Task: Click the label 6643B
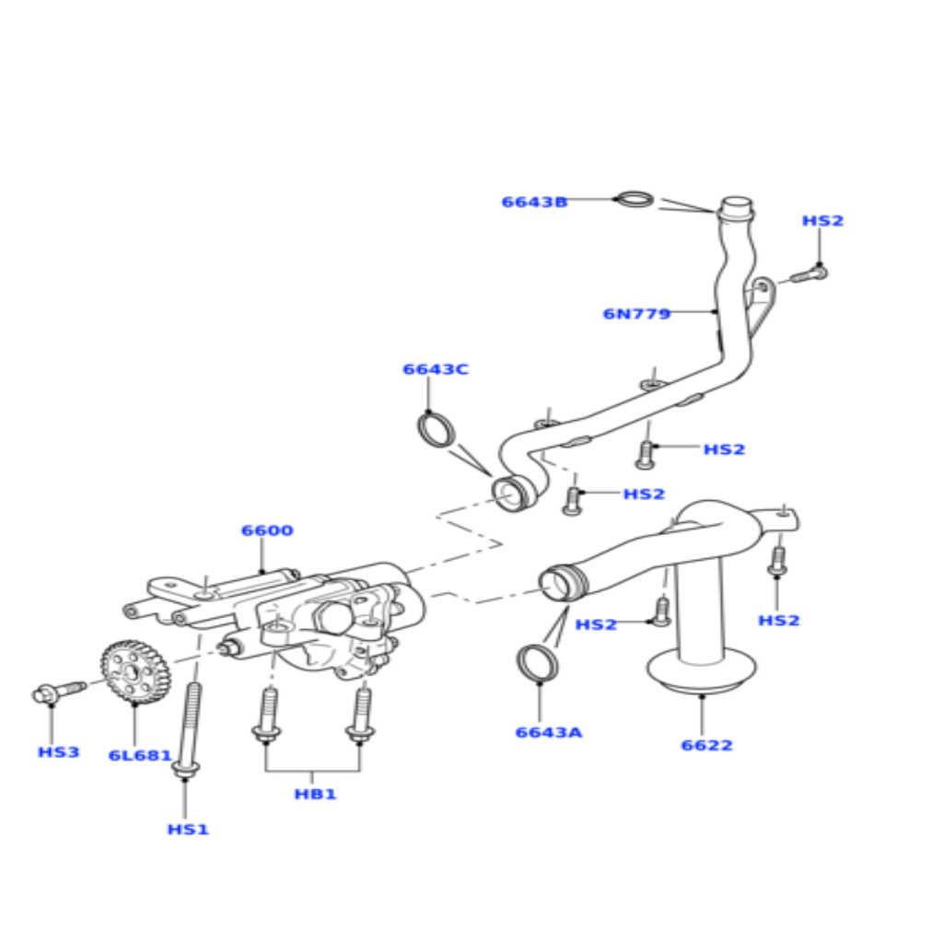pos(534,202)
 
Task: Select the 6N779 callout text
pos(636,314)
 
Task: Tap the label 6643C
pos(435,369)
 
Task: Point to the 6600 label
pos(267,530)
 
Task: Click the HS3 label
pos(58,752)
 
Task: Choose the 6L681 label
pos(140,755)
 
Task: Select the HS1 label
pos(188,830)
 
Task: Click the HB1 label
pos(315,794)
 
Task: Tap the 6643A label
pos(549,732)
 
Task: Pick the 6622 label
pos(706,745)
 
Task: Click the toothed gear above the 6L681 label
pos(136,671)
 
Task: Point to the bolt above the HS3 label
pos(59,693)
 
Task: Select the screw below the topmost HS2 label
pos(809,274)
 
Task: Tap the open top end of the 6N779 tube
pos(736,204)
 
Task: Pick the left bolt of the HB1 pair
pos(266,715)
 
